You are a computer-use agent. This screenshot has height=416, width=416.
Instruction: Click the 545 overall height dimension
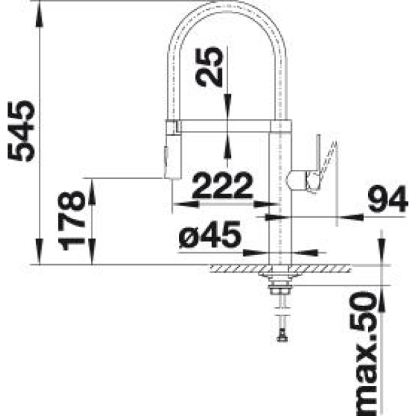(21, 131)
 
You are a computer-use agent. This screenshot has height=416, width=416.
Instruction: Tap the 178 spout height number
(71, 220)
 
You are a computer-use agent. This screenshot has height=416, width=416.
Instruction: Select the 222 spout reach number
(222, 185)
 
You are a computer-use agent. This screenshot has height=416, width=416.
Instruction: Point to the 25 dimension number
(209, 67)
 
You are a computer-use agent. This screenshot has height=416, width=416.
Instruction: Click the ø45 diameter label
(210, 234)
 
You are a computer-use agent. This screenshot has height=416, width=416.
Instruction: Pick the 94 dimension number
(388, 199)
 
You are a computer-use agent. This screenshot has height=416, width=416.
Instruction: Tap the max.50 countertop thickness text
(363, 353)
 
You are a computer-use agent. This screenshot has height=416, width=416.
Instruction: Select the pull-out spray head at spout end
(173, 157)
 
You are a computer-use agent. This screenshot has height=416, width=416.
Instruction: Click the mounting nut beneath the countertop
(279, 290)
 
